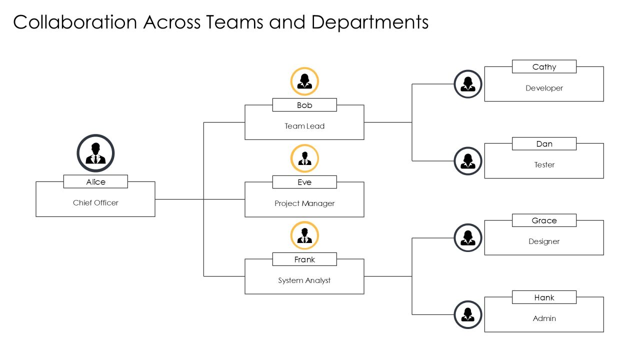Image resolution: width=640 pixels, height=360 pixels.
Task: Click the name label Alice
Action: pyautogui.click(x=95, y=181)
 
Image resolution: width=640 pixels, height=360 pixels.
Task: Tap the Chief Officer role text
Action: pyautogui.click(x=95, y=203)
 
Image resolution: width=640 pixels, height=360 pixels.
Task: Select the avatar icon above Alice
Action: pyautogui.click(x=95, y=153)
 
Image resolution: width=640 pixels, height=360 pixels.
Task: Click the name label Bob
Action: pyautogui.click(x=304, y=105)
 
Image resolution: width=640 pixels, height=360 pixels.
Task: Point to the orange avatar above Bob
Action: pyautogui.click(x=304, y=81)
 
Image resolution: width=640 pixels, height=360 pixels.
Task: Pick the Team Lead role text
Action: pyautogui.click(x=304, y=126)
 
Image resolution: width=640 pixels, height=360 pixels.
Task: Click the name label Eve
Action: pyautogui.click(x=304, y=182)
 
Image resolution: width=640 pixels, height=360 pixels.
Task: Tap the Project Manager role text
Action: pyautogui.click(x=304, y=203)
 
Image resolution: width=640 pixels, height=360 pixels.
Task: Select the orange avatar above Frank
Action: pyautogui.click(x=304, y=235)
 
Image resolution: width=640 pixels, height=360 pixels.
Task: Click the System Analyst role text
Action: pyautogui.click(x=304, y=280)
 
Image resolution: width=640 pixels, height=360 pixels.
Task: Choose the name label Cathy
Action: pyautogui.click(x=544, y=67)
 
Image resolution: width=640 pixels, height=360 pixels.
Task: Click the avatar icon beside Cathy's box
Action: pyautogui.click(x=468, y=84)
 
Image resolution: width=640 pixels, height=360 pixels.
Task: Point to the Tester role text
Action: pyautogui.click(x=544, y=165)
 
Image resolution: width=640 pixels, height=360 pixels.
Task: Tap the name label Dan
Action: pyautogui.click(x=544, y=143)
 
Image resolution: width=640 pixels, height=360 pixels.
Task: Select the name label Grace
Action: pyautogui.click(x=544, y=220)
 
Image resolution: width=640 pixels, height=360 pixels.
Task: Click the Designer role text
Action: pyautogui.click(x=544, y=241)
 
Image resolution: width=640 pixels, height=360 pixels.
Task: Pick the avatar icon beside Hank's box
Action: pyautogui.click(x=468, y=314)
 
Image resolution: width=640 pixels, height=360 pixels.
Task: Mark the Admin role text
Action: pyautogui.click(x=544, y=318)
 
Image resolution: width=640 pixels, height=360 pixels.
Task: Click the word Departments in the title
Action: pyautogui.click(x=370, y=22)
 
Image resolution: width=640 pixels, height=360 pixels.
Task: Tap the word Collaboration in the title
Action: pyautogui.click(x=75, y=22)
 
